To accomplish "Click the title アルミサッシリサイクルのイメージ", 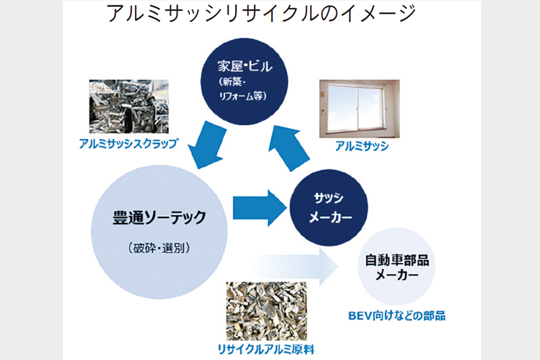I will pos(262,14).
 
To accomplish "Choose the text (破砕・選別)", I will pos(159,248).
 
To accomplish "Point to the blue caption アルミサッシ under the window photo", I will pos(361,147).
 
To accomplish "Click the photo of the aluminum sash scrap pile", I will pos(128,107).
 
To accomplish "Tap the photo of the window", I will pos(359,109).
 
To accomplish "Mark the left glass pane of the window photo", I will pos(344,110).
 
